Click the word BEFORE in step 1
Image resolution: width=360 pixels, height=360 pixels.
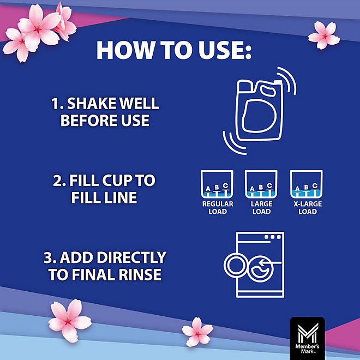pyautogui.click(x=89, y=120)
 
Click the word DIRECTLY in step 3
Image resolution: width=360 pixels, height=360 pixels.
pyautogui.click(x=131, y=257)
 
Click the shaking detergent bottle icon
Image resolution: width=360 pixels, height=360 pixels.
pyautogui.click(x=259, y=110)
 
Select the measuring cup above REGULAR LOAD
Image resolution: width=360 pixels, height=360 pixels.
pyautogui.click(x=217, y=184)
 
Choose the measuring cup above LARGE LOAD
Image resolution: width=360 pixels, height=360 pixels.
pyautogui.click(x=261, y=184)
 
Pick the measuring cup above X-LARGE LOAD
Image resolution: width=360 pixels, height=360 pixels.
pyautogui.click(x=307, y=184)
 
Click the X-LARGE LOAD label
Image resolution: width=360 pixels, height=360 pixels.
pyautogui.click(x=308, y=208)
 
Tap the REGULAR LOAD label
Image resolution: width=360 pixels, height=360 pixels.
pyautogui.click(x=218, y=208)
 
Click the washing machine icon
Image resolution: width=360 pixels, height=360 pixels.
pyautogui.click(x=254, y=265)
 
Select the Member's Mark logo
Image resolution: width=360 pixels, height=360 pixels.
pyautogui.click(x=307, y=338)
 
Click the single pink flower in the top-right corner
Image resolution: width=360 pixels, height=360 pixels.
pyautogui.click(x=323, y=35)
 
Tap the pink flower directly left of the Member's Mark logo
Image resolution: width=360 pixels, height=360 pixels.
pyautogui.click(x=197, y=332)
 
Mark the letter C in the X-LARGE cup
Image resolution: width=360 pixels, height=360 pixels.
pyautogui.click(x=315, y=185)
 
